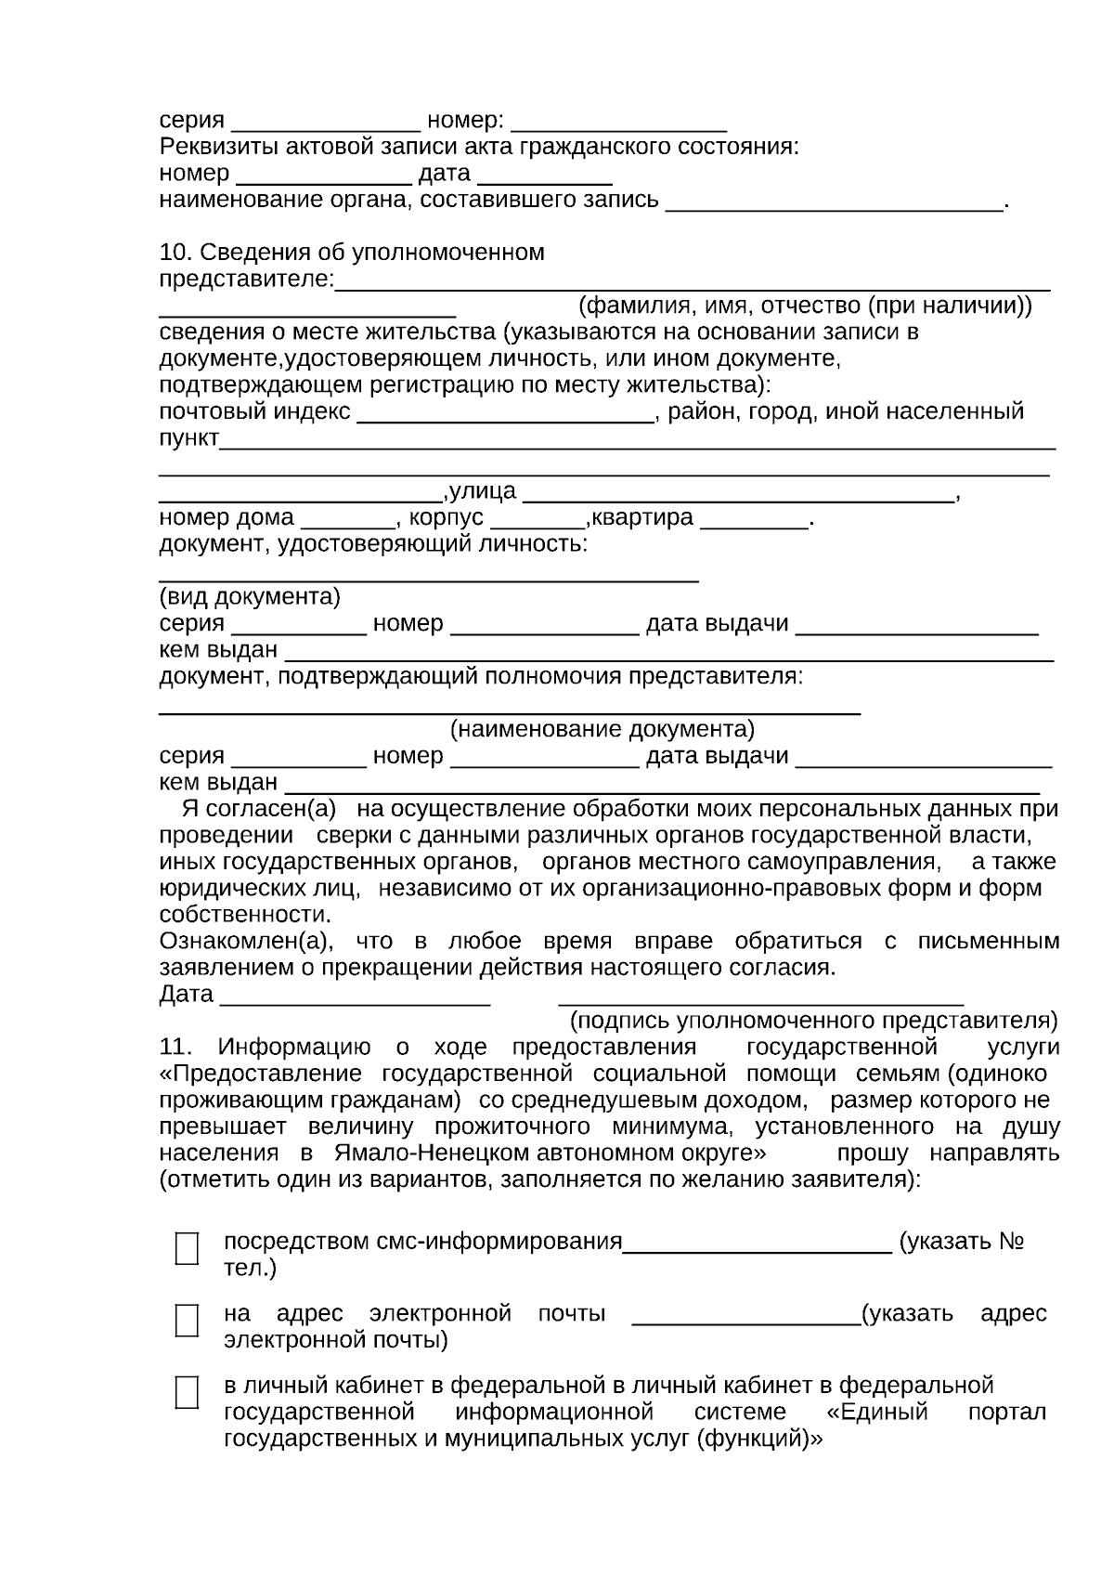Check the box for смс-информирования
(187, 1248)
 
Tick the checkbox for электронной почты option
(187, 1320)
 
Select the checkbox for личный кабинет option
(187, 1392)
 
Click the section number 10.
(175, 253)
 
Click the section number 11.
(175, 1048)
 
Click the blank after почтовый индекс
(506, 414)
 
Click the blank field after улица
(739, 494)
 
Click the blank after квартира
(754, 520)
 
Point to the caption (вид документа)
(250, 596)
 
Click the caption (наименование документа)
(602, 729)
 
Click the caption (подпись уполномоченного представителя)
(813, 1022)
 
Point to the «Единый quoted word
(876, 1413)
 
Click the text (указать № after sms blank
(962, 1243)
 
